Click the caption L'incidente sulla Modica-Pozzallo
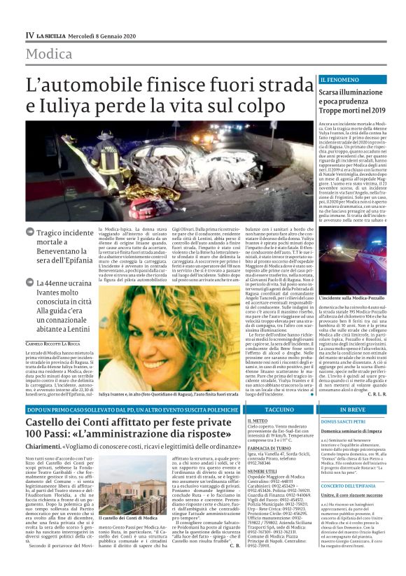[x=348, y=279]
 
